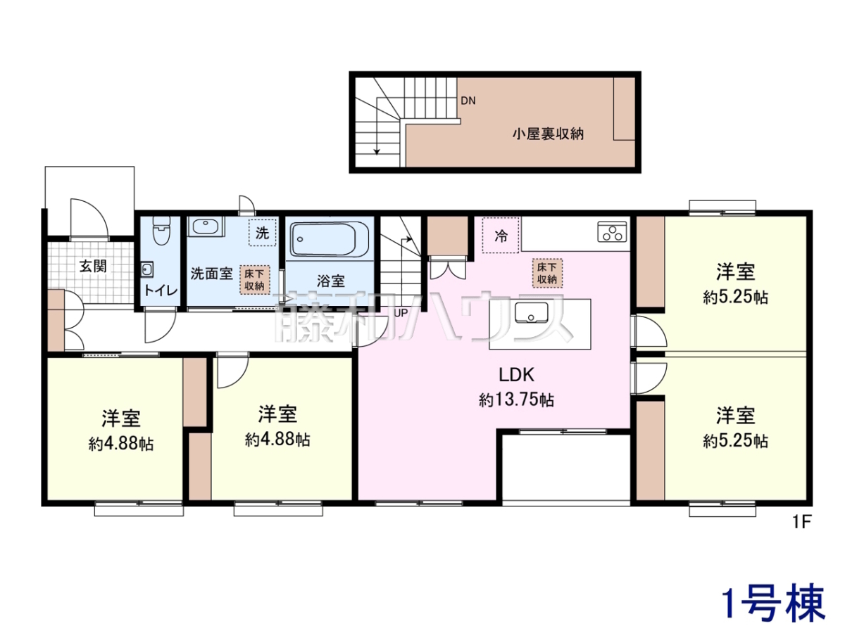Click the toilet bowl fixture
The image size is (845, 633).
pos(162,230)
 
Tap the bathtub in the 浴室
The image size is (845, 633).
pos(329,240)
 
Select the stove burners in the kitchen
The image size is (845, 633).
pos(612,232)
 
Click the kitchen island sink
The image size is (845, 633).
pos(532,312)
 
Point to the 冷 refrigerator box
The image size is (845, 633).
pos(501,235)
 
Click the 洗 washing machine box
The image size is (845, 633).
pos(263,232)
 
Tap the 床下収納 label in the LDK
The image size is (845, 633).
pos(547,274)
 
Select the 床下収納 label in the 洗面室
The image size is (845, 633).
pos(254,280)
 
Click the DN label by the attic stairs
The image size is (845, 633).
pos(468,101)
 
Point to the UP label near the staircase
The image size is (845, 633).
pos(401,313)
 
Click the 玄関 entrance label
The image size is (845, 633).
pos(93,266)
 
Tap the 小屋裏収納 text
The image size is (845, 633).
pos(548,134)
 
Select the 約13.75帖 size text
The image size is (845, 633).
pos(516,400)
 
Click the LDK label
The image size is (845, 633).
pos(516,375)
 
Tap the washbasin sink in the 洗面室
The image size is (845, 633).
pos(205,226)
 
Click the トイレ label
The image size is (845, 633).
pos(161,290)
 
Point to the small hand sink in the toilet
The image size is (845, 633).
pos(147,269)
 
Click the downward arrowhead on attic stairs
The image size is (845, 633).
pos(377,151)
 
